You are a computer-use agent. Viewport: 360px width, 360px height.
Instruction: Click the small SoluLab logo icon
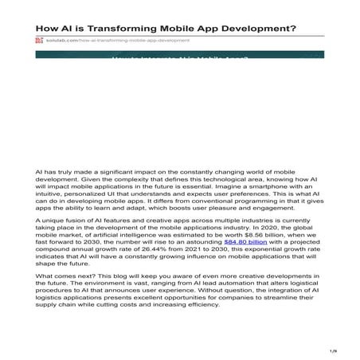[39, 40]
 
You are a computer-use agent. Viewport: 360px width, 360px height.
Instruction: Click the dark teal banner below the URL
[179, 57]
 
